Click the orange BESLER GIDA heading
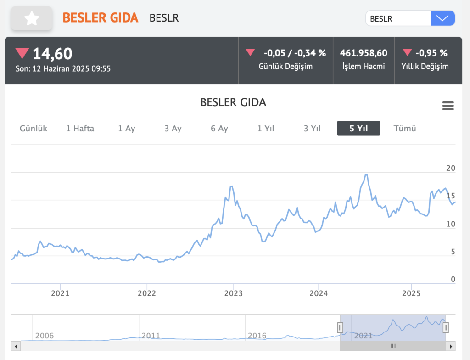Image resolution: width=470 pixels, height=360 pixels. tap(100, 18)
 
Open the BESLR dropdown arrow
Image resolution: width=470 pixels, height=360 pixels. tap(442, 18)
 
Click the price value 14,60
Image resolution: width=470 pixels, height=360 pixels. tap(52, 54)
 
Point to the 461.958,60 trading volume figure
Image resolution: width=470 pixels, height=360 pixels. tap(364, 53)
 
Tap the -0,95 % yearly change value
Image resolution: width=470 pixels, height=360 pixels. tap(431, 53)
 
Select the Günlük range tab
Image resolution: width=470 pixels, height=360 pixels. tap(34, 129)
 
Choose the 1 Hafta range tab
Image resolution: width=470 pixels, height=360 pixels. tap(80, 129)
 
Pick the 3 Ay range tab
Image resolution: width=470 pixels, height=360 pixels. tap(173, 129)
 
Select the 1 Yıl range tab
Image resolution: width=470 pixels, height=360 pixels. tap(266, 129)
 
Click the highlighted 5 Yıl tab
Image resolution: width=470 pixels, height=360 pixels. tap(358, 129)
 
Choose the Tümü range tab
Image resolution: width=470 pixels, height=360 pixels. tap(405, 129)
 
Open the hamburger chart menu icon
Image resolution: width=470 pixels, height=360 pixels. tap(448, 106)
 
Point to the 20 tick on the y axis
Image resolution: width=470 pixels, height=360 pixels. tap(451, 169)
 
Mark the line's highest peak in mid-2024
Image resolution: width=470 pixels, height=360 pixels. tap(366, 175)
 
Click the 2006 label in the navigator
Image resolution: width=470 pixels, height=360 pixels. tap(44, 336)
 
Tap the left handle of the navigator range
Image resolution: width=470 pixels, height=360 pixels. tap(340, 327)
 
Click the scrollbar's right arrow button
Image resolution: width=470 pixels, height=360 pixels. tap(452, 346)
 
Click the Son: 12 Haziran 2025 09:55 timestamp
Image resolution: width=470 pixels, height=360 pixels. tap(63, 68)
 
